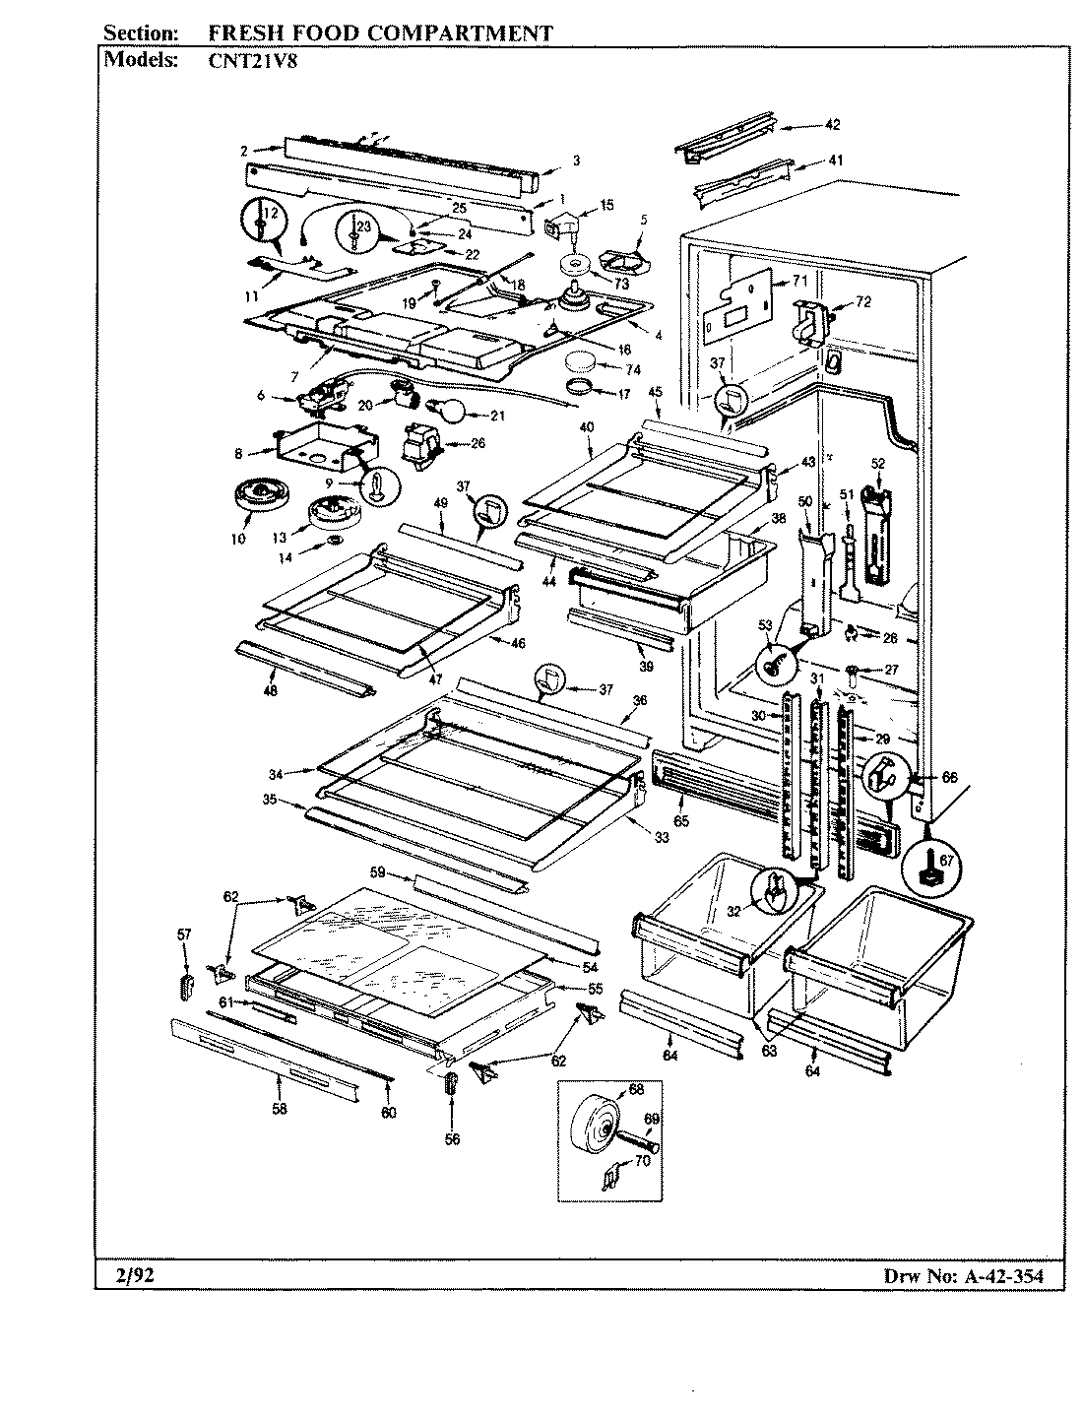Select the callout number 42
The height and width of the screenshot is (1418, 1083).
pos(832,125)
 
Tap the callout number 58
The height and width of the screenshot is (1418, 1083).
pos(280,1109)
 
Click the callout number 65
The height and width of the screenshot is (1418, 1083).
pos(680,819)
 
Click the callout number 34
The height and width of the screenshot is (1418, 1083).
pos(277,775)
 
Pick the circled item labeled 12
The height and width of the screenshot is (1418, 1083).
pos(262,222)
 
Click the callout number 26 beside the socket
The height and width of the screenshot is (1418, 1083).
pos(478,443)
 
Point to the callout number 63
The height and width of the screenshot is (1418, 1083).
pos(769,1051)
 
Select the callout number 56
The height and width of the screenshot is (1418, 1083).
pos(452,1139)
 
